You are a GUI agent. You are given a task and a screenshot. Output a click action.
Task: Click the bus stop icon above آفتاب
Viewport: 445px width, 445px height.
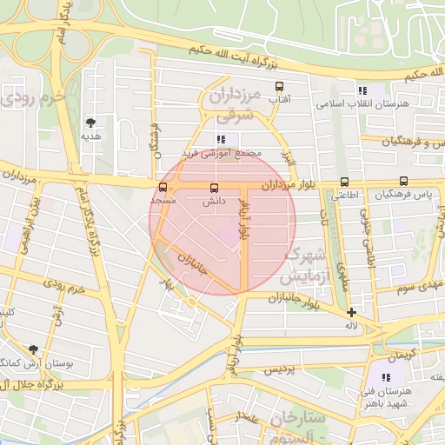[x=279, y=86]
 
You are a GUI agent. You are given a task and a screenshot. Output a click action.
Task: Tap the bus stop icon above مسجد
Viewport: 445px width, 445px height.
[x=163, y=187]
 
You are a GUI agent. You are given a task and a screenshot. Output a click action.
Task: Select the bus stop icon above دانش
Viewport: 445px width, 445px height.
[x=214, y=187]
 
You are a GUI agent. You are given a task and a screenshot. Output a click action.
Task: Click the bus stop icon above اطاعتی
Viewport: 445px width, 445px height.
[x=345, y=183]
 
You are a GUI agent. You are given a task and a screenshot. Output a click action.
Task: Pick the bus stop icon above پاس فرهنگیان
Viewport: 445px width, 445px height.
[x=403, y=181]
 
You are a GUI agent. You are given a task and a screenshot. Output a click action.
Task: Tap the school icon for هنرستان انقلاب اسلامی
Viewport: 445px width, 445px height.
[x=362, y=90]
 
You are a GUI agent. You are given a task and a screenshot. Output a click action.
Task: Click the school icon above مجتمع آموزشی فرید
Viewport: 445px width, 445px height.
[x=221, y=139]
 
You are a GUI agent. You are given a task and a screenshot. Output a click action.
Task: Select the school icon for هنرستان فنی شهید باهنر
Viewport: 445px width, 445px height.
[x=386, y=377]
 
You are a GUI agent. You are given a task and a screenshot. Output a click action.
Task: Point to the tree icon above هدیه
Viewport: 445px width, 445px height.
[x=91, y=123]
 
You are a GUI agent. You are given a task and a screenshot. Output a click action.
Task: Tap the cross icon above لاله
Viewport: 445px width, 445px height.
[x=351, y=312]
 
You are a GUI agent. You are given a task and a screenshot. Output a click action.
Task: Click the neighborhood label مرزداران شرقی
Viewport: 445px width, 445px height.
[x=233, y=102]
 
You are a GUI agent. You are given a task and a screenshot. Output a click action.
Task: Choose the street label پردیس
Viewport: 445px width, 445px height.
[x=281, y=369]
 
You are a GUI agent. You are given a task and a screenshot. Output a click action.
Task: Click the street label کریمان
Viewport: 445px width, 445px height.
[x=402, y=355]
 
